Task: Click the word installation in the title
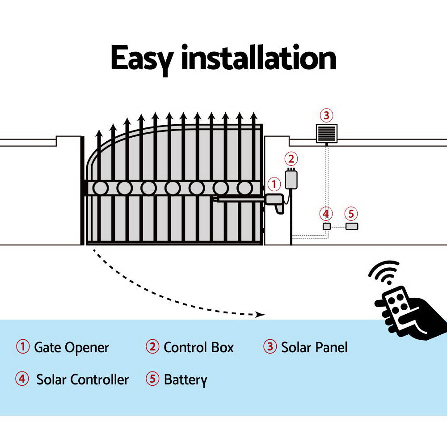(258, 58)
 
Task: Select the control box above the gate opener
(292, 179)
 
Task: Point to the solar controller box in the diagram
(327, 226)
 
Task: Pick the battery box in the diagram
(352, 226)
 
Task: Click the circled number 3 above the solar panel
(326, 116)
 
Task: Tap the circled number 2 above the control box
(291, 159)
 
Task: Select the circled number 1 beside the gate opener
(274, 184)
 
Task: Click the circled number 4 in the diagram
(326, 214)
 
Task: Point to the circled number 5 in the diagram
(351, 214)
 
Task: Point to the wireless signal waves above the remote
(384, 272)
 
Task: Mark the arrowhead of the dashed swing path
(261, 315)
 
